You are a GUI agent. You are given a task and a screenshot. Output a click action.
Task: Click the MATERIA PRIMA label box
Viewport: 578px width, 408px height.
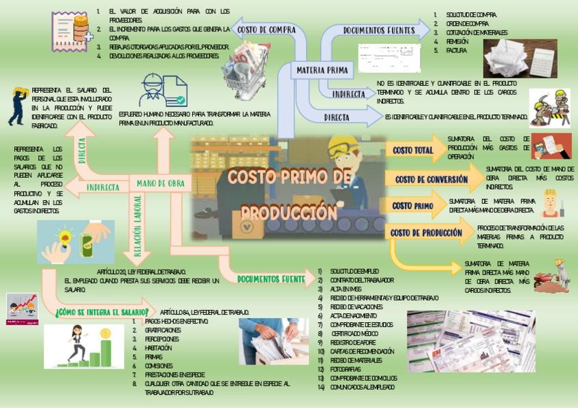pyautogui.click(x=322, y=69)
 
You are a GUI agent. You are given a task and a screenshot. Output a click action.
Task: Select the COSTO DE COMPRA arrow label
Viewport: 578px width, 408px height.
pyautogui.click(x=266, y=29)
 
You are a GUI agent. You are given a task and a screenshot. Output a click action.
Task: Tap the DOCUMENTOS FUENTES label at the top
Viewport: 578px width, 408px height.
pyautogui.click(x=379, y=30)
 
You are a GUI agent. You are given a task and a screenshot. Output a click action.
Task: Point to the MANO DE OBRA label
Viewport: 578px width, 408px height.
pyautogui.click(x=161, y=183)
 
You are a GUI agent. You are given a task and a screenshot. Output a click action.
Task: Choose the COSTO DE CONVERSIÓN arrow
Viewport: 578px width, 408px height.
pyautogui.click(x=431, y=179)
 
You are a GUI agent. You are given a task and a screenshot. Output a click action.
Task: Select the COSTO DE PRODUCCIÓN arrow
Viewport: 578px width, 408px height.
pyautogui.click(x=427, y=233)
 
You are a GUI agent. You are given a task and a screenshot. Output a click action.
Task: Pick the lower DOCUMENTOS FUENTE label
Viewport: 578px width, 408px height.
pyautogui.click(x=271, y=279)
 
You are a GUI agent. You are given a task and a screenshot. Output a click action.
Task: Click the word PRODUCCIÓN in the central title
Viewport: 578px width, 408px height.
pyautogui.click(x=289, y=212)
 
